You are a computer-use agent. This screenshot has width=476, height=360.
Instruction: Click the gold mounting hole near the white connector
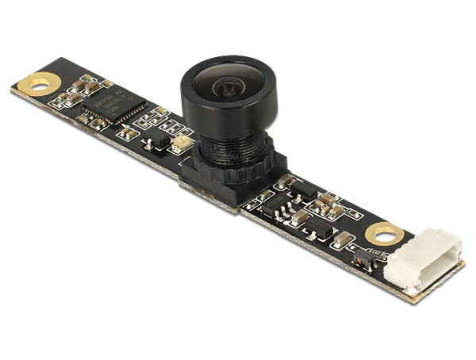point(384,233)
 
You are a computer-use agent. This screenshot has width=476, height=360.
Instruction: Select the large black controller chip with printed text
point(116,105)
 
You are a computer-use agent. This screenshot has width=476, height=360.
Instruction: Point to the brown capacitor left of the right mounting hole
point(344,238)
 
